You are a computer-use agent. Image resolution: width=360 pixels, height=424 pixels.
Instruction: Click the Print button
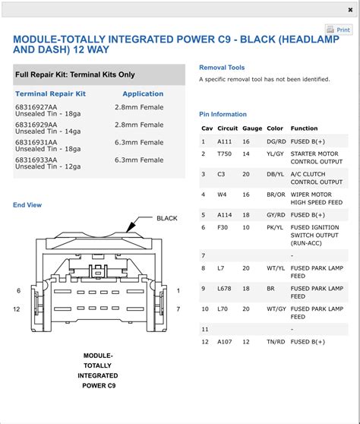click(339, 30)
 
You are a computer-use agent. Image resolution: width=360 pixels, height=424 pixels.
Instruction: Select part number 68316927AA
click(36, 107)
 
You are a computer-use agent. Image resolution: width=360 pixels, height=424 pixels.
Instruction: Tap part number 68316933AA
click(36, 160)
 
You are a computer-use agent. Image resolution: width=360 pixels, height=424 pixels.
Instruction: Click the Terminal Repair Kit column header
click(50, 93)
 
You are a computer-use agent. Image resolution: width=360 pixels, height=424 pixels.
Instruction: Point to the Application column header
click(143, 93)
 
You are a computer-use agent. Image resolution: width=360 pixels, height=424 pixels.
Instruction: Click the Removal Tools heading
click(222, 67)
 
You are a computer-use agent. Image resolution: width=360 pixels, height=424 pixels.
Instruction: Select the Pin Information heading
click(223, 114)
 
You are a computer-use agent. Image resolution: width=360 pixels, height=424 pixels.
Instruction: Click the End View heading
click(27, 204)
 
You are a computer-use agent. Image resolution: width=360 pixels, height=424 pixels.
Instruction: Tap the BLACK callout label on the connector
click(167, 218)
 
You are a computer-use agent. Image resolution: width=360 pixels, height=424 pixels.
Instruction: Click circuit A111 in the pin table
click(225, 141)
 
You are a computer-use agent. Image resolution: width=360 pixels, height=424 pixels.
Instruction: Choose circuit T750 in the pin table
click(225, 153)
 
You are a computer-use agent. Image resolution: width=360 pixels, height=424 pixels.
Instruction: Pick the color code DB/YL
click(276, 173)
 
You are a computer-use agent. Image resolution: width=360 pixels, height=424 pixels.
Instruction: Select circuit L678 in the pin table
click(225, 288)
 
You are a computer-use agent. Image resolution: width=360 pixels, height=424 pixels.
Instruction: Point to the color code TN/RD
click(276, 341)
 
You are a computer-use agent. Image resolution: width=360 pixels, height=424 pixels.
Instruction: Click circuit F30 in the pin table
click(223, 226)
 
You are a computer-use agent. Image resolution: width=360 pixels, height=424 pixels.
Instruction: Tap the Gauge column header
click(252, 128)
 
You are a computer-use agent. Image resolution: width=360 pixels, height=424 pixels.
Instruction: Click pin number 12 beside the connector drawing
click(17, 309)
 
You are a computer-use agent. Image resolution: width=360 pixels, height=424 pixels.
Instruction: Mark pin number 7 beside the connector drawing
click(178, 309)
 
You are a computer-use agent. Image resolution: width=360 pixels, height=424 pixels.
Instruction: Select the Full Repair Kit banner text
click(74, 74)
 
